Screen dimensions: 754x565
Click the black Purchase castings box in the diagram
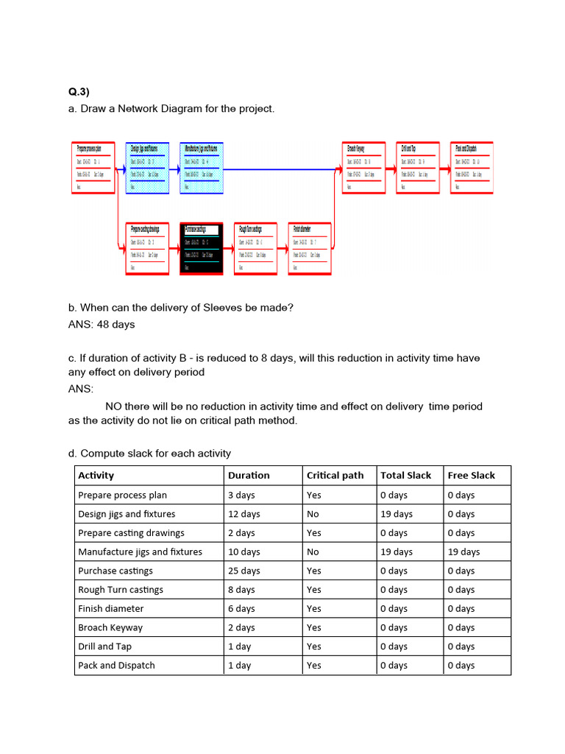click(201, 249)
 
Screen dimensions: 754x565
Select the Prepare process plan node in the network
click(93, 168)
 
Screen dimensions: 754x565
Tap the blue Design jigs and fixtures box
click(148, 168)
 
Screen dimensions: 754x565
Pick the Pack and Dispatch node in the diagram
click(472, 168)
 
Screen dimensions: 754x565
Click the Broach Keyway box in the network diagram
click(363, 168)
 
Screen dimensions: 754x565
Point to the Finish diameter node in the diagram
click(310, 249)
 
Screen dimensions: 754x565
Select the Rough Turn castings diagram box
click(255, 249)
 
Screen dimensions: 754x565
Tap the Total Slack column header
click(405, 476)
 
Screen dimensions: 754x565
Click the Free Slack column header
click(471, 476)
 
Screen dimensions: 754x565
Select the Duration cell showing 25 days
click(244, 571)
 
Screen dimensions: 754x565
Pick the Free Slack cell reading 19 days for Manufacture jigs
click(463, 552)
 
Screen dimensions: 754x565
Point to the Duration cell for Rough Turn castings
click(241, 590)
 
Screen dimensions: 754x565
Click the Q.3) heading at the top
click(79, 92)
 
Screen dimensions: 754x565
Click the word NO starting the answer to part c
click(114, 406)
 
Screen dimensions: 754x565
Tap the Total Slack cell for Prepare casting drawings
click(396, 533)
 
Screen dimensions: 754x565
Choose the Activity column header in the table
click(96, 476)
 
